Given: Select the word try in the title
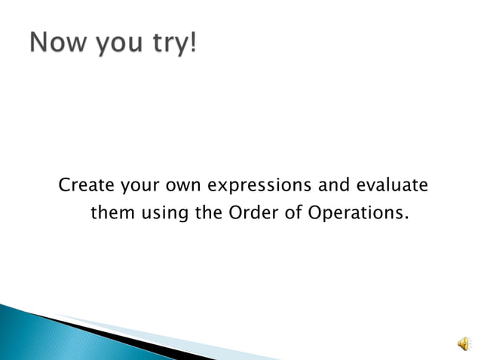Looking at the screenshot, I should (167, 43).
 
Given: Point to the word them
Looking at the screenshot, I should (111, 213).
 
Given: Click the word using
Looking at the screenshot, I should (164, 215).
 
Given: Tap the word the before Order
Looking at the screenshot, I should (208, 213).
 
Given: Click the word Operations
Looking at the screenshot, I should (354, 214).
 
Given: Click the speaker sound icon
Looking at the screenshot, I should (462, 343).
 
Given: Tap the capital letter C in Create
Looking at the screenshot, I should (64, 185).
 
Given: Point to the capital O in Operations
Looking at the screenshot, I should (314, 213).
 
